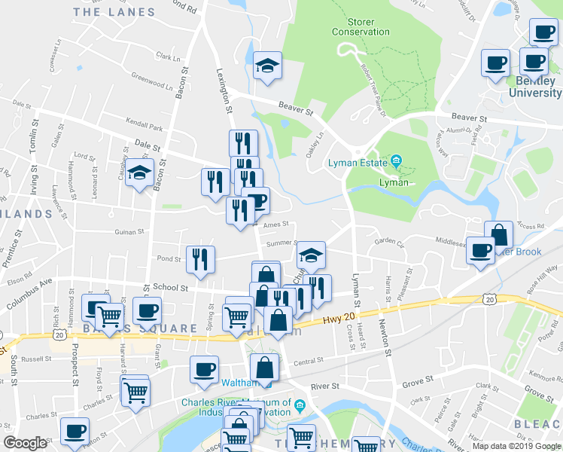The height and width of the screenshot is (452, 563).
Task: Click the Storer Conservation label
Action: point(361,27)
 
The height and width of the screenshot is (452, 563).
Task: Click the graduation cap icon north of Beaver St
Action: point(267,66)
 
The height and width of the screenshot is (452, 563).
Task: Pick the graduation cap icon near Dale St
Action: point(139,173)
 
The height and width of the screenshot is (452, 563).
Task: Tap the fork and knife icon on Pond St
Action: point(200,259)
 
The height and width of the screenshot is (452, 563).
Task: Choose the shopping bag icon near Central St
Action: point(265,368)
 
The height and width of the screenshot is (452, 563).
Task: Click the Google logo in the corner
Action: point(25,443)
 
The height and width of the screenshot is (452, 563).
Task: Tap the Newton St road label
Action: point(385,335)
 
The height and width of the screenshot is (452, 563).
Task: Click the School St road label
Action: point(169,288)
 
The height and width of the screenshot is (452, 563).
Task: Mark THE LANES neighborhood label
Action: point(114,12)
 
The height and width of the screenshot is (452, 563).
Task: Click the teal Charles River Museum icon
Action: point(300,407)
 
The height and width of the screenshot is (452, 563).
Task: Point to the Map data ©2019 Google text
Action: point(516,446)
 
